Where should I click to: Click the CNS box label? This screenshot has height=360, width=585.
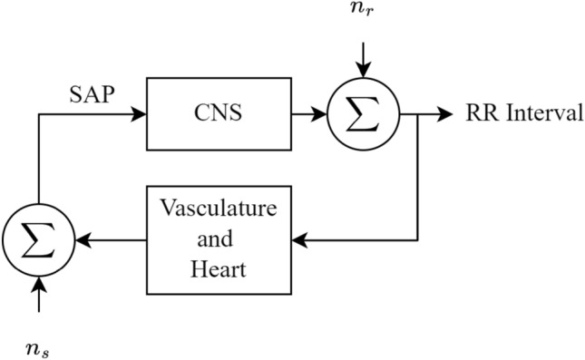click(219, 112)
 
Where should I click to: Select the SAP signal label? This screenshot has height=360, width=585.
click(92, 94)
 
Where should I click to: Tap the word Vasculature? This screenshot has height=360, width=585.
click(219, 208)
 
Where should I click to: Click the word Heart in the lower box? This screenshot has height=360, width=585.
click(219, 269)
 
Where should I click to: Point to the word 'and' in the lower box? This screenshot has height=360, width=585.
click(215, 238)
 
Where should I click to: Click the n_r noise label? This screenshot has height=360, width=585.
click(363, 8)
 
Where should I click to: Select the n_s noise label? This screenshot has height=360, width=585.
click(38, 350)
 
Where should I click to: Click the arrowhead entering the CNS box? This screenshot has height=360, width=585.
click(139, 113)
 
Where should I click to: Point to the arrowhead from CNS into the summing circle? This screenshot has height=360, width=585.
click(320, 113)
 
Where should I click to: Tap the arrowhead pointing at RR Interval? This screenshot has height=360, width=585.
click(445, 113)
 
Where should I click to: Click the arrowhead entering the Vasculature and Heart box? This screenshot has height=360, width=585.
click(299, 240)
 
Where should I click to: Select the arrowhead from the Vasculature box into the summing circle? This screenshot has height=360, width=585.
click(83, 240)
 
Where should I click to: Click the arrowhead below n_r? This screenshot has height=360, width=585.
click(363, 70)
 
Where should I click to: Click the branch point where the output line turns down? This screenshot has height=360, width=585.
click(417, 113)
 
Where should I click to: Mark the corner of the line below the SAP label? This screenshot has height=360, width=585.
click(39, 113)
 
